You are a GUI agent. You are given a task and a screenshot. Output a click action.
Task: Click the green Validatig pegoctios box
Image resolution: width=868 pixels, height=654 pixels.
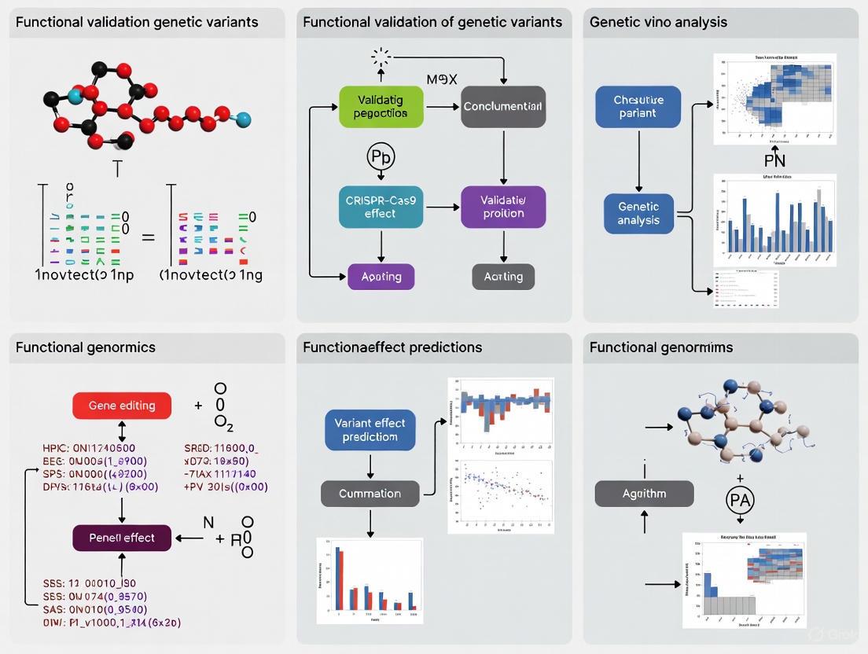tap(381, 107)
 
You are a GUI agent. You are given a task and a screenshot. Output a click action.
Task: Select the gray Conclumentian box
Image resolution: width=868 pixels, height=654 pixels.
tap(503, 107)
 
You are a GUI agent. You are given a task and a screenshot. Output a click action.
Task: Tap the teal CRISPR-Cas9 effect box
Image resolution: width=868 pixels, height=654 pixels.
tap(381, 207)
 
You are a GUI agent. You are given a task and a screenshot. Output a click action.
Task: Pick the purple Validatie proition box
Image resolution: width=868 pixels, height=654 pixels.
tap(503, 207)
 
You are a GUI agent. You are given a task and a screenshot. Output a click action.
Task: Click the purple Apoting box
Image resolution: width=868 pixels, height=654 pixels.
tap(381, 277)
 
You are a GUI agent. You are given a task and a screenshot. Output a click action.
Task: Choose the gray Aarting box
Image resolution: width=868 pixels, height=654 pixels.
tap(503, 277)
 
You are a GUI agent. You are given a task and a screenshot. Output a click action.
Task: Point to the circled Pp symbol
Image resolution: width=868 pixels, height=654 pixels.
tap(381, 156)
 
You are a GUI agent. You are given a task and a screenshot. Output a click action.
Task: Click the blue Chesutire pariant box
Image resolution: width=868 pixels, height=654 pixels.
tap(638, 107)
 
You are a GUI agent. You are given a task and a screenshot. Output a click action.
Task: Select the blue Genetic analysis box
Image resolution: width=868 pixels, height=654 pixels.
tap(638, 213)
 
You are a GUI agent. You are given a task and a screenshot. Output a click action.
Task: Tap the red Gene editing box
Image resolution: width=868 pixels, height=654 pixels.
tap(122, 406)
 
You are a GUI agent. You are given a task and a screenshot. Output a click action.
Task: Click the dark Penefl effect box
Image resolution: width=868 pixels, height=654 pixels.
tap(122, 538)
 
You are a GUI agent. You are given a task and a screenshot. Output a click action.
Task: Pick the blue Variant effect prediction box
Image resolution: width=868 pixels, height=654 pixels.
tap(370, 429)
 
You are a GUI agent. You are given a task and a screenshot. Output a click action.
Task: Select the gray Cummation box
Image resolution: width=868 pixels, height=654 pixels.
tap(370, 494)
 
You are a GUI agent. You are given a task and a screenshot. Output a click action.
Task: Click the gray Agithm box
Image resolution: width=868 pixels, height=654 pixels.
tap(644, 494)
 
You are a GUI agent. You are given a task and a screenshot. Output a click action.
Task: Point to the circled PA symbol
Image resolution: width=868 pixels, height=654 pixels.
tap(740, 498)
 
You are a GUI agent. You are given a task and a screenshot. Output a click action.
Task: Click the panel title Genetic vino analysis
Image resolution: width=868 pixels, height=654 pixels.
tap(659, 22)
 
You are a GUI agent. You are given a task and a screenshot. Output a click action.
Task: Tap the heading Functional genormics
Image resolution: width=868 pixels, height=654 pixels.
tap(86, 347)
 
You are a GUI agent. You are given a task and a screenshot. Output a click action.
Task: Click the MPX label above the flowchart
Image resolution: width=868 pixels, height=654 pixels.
tap(442, 79)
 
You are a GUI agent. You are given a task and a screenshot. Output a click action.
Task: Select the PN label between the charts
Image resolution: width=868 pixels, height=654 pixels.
tap(774, 161)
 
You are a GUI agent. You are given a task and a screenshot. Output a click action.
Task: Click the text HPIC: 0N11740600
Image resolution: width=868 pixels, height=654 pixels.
tap(88, 448)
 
